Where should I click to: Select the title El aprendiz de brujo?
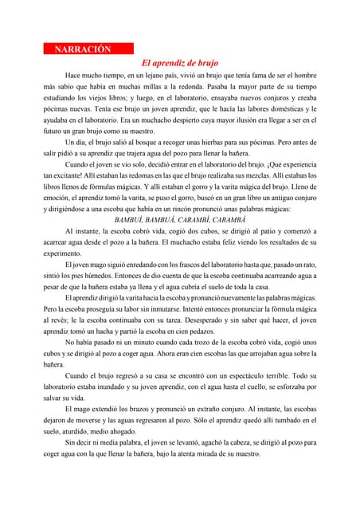coord(179,63)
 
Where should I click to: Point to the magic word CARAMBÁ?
coord(229,219)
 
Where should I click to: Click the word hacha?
coord(111,331)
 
